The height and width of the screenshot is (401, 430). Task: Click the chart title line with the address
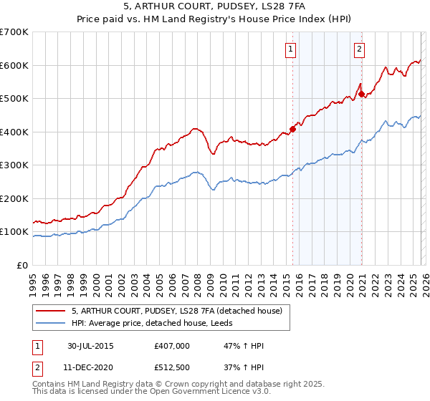click(x=214, y=7)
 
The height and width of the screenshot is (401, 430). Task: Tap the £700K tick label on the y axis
click(x=14, y=32)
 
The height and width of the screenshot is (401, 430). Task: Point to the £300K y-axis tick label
click(x=14, y=165)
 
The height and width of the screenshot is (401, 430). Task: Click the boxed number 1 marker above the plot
click(x=291, y=49)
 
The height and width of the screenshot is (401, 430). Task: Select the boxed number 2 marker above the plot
click(x=358, y=49)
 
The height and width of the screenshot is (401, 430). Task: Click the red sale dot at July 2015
click(x=293, y=130)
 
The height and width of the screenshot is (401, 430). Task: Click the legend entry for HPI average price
click(x=147, y=323)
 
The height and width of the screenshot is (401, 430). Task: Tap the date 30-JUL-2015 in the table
click(x=90, y=345)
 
